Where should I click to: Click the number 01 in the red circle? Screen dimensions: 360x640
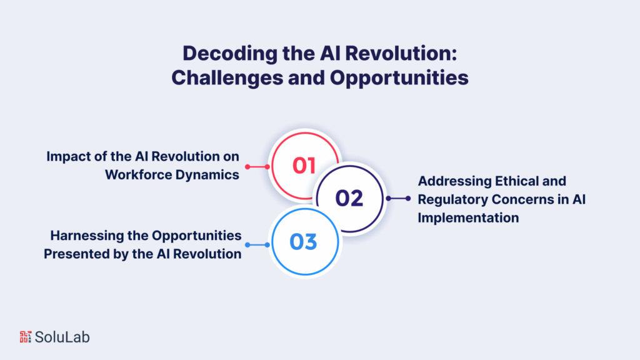point(304,166)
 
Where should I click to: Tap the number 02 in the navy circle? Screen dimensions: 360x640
point(349,198)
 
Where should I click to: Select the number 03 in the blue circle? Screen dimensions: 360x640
point(303,242)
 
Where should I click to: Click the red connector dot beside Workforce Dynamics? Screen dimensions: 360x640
point(247,167)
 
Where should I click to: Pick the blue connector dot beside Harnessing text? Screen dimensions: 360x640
point(247,244)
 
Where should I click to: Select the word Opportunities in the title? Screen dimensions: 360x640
point(400,77)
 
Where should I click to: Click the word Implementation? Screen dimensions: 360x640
point(468,217)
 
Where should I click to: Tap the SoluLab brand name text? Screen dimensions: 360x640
point(62,337)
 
